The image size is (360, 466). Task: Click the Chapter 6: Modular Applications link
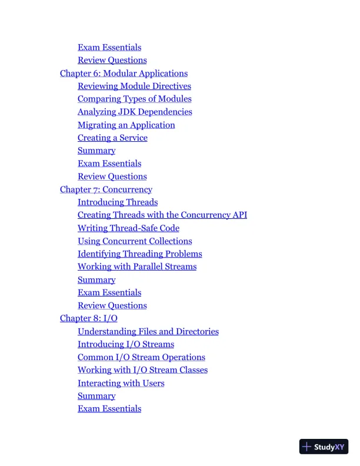click(x=124, y=74)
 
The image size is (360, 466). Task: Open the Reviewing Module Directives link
click(x=134, y=86)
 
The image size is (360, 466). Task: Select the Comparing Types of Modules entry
click(x=134, y=99)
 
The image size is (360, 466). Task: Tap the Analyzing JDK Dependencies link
click(x=135, y=112)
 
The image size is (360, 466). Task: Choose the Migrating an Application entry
click(x=126, y=125)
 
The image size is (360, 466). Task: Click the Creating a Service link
click(x=112, y=138)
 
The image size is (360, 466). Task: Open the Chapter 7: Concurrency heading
click(x=106, y=189)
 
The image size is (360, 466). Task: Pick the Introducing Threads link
click(x=118, y=202)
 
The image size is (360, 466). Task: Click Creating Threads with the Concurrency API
click(x=162, y=215)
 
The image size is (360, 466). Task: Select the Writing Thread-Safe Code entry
click(x=128, y=228)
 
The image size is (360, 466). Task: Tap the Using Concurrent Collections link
click(x=135, y=241)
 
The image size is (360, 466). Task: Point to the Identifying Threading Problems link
click(x=139, y=254)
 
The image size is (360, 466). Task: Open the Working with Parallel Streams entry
click(x=137, y=267)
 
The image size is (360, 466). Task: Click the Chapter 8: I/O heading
click(x=88, y=318)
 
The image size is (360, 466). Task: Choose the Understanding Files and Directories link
click(x=148, y=331)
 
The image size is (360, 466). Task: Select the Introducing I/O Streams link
click(x=126, y=344)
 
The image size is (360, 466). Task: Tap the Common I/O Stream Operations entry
click(x=141, y=357)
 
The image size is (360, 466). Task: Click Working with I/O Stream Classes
click(x=142, y=370)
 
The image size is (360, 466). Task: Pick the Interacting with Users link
click(x=121, y=383)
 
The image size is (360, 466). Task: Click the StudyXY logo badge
click(x=324, y=447)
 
